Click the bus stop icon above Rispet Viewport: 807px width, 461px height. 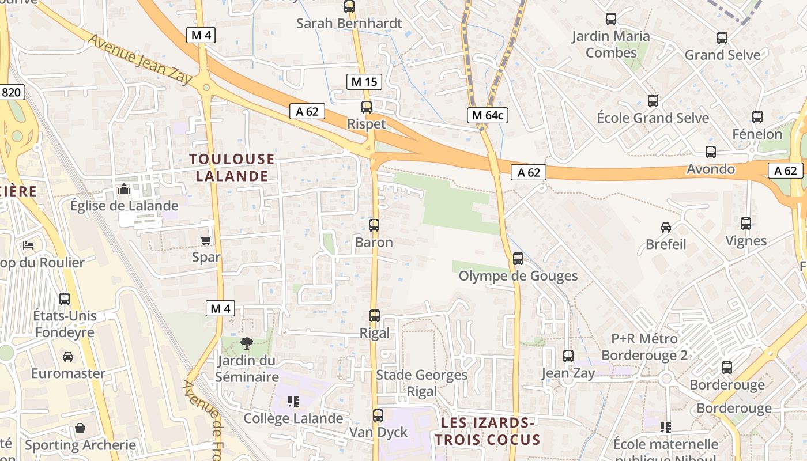367,107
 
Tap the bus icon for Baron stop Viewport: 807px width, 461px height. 374,225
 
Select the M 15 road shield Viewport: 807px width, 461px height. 365,82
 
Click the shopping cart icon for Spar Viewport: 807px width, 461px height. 206,240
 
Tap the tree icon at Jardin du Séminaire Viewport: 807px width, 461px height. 247,343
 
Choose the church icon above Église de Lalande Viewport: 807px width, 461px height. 124,189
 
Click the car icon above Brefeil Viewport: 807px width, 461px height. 666,227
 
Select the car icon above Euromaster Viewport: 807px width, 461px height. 68,357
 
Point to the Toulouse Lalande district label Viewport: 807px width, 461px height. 232,167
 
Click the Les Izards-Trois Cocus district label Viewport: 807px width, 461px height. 488,432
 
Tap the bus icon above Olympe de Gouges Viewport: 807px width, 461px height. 518,259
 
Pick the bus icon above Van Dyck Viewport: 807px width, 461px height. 378,415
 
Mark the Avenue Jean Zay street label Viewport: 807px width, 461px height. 139,58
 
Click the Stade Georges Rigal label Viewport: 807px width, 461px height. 422,383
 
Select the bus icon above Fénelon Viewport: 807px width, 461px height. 757,117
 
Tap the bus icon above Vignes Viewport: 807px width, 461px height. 746,224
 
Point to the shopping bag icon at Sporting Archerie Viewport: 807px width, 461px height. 80,428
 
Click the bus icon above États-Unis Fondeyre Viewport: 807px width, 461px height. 65,299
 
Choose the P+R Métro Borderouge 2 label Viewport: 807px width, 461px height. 644,346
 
